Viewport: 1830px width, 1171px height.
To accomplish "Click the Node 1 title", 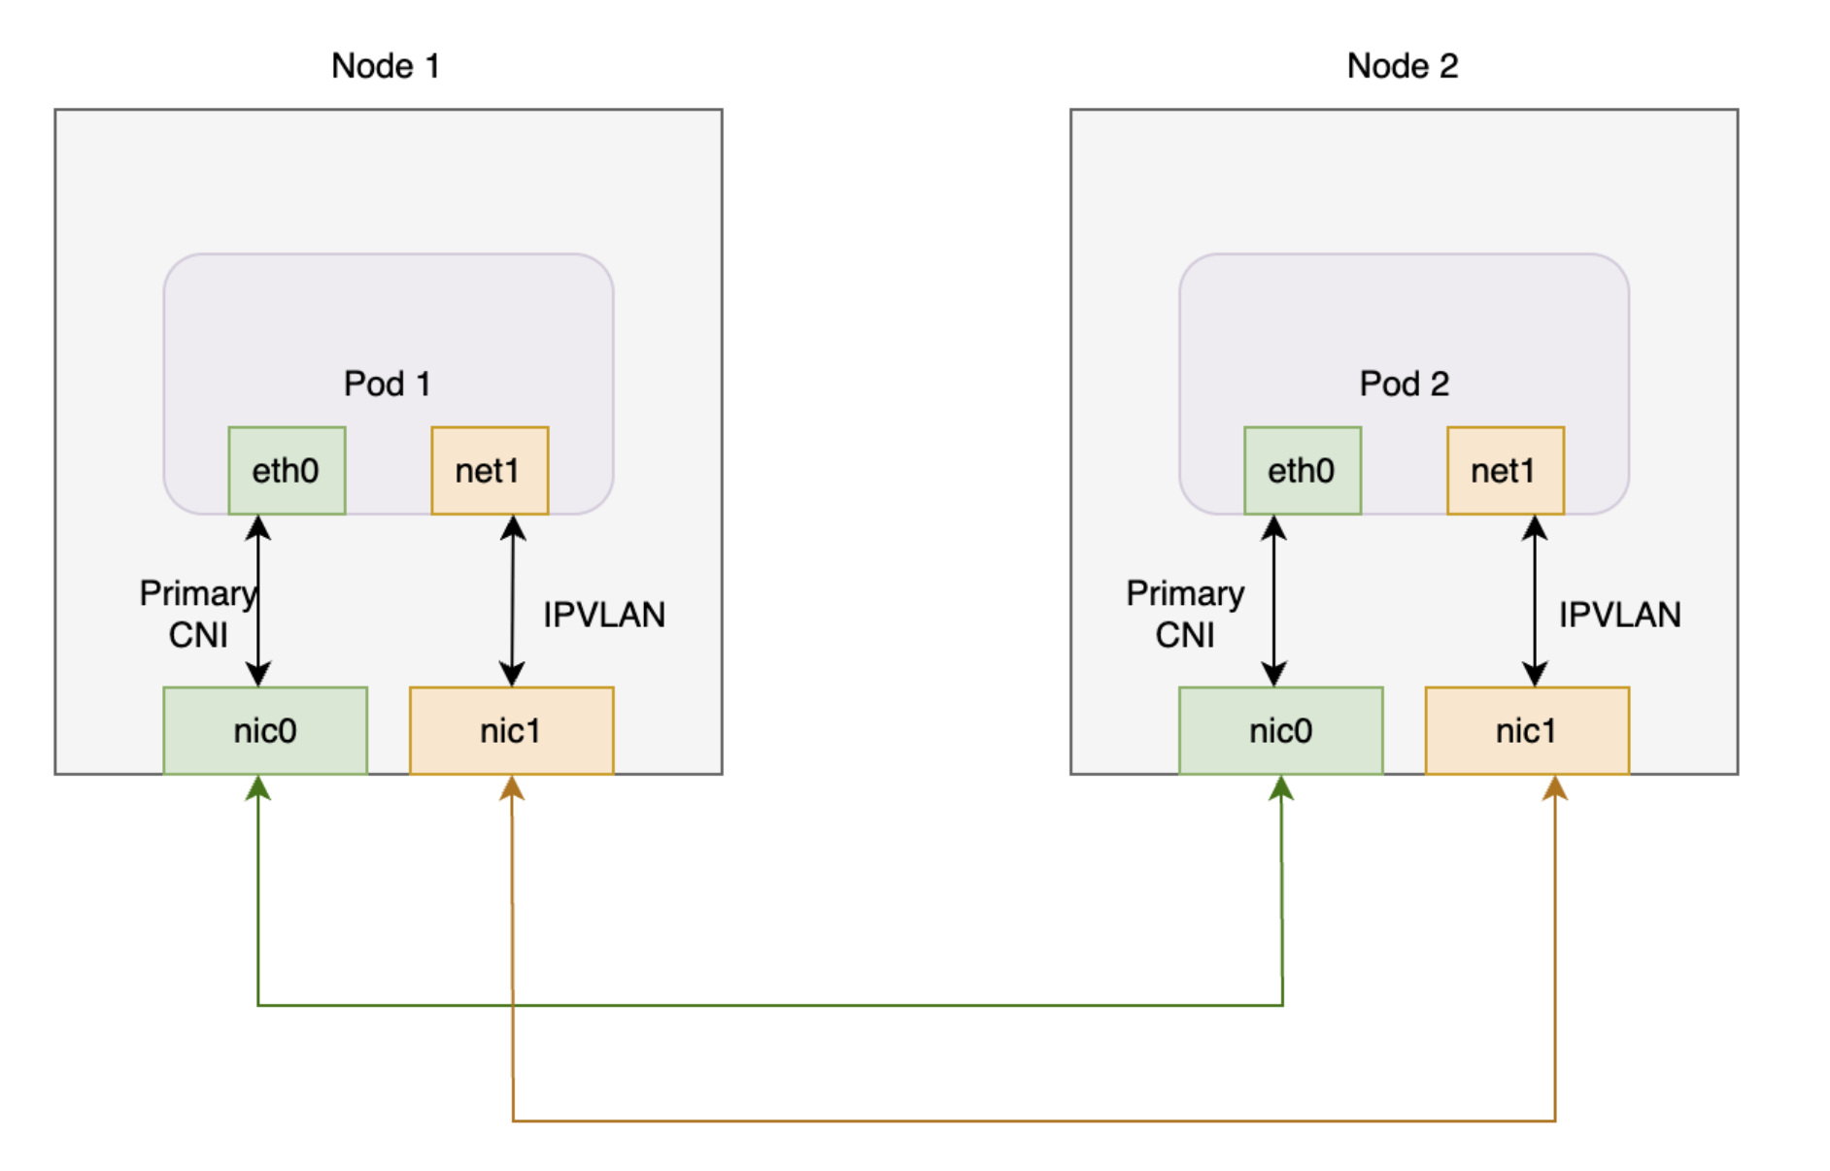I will [x=386, y=66].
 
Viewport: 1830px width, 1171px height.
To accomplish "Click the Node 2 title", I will [x=1402, y=66].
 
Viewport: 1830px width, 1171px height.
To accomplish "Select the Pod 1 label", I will [x=387, y=384].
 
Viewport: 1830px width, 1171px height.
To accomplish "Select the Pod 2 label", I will [x=1404, y=384].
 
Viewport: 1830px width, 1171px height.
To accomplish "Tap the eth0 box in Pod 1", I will [x=287, y=471].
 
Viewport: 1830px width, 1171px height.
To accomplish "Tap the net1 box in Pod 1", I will [x=490, y=471].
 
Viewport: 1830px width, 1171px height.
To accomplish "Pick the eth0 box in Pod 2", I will [x=1302, y=471].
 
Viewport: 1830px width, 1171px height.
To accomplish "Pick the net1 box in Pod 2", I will [x=1505, y=471].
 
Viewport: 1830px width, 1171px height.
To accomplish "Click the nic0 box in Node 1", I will [x=265, y=730].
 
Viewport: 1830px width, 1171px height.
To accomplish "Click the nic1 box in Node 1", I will [x=511, y=730].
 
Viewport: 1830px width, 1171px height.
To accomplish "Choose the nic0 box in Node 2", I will [x=1280, y=730].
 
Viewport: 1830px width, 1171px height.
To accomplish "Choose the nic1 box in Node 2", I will [x=1526, y=730].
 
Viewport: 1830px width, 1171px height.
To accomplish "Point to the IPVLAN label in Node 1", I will [x=603, y=615].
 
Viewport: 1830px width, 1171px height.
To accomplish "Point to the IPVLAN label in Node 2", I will [x=1619, y=615].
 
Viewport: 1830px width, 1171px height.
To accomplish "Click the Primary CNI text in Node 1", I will [x=197, y=614].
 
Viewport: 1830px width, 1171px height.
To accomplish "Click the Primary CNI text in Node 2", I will [x=1185, y=614].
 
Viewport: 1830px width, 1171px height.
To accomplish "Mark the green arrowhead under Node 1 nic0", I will [x=258, y=788].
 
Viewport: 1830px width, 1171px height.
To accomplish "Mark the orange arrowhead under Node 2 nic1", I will [x=1555, y=788].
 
